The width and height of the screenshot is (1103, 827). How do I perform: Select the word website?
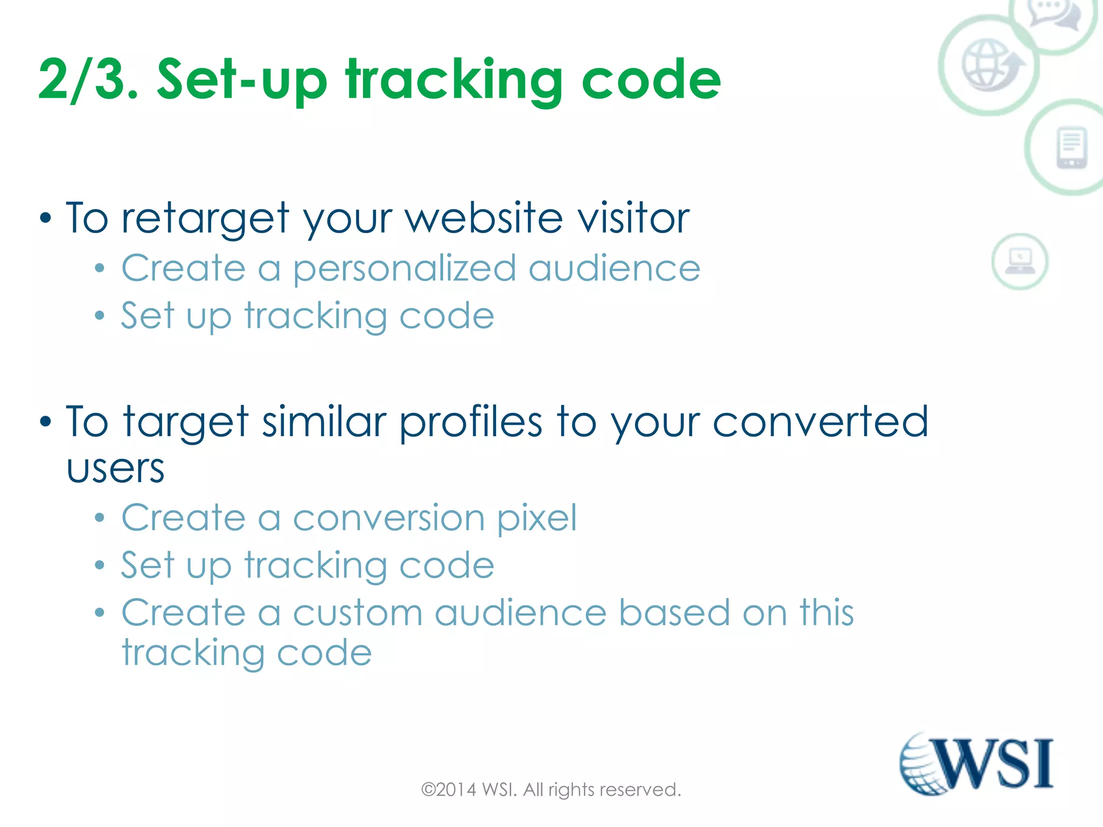tap(484, 218)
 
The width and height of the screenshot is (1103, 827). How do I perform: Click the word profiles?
tap(471, 423)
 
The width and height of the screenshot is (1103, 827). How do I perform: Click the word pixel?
tap(536, 518)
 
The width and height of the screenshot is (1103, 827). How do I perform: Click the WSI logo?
tap(976, 764)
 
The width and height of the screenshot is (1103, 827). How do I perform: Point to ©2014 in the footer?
tap(449, 790)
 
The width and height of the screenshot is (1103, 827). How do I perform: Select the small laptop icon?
tap(1020, 261)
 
